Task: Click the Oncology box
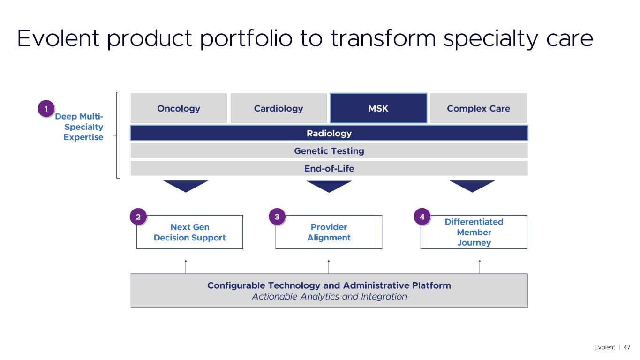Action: click(x=179, y=108)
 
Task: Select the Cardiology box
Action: click(x=279, y=108)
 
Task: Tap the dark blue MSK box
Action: click(x=378, y=108)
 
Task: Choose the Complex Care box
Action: click(x=478, y=108)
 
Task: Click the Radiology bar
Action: click(x=329, y=133)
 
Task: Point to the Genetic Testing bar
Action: click(x=329, y=150)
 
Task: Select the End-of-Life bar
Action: click(x=329, y=168)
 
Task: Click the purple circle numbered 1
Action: click(x=46, y=109)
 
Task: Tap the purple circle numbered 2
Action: click(x=138, y=217)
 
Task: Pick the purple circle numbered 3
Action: click(x=277, y=217)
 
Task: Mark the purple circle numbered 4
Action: click(x=422, y=217)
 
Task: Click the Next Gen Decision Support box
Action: click(x=190, y=232)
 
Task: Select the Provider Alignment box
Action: click(x=329, y=232)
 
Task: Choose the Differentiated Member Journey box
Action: click(x=474, y=232)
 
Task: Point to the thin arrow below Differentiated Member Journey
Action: click(x=480, y=266)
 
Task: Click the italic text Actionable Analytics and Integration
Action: click(x=329, y=297)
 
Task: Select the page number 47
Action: click(x=627, y=347)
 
